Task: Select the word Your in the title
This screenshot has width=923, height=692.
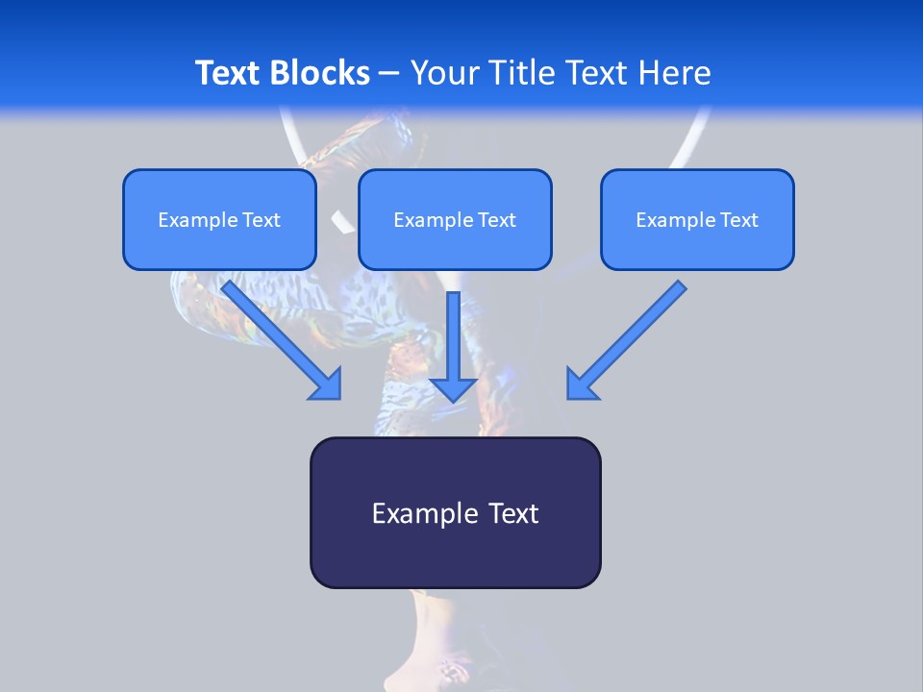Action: (441, 73)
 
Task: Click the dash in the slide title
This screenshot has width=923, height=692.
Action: (389, 73)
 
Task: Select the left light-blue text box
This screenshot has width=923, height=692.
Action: (219, 219)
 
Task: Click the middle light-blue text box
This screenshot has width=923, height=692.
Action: (455, 219)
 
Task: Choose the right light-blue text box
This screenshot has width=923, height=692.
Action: (697, 219)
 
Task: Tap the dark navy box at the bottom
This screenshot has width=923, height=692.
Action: (455, 512)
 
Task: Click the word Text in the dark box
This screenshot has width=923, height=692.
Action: (513, 513)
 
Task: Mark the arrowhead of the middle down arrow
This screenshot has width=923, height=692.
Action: (453, 387)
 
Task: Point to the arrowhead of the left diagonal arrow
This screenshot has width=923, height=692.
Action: (327, 384)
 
